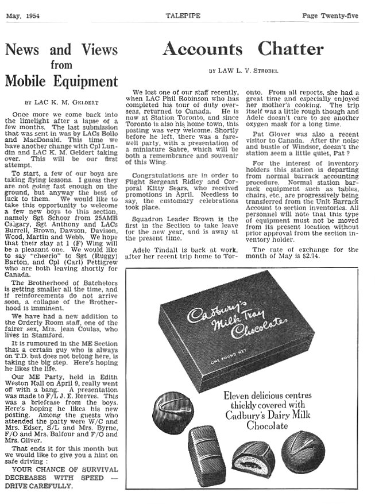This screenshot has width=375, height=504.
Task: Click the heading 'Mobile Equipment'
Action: [61, 81]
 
